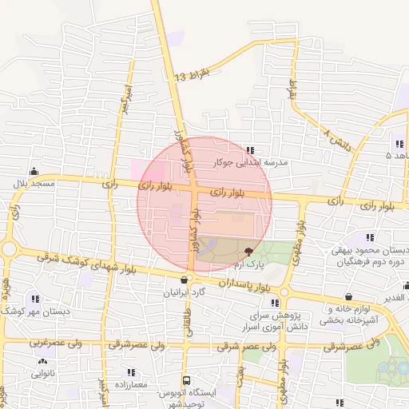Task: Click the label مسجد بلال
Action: (x=33, y=185)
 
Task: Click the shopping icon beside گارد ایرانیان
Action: (x=185, y=280)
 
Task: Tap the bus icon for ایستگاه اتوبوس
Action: (x=186, y=380)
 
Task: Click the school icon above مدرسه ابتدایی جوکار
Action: (x=251, y=149)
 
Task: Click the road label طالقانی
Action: (x=190, y=308)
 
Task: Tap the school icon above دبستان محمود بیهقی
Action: (x=369, y=238)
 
